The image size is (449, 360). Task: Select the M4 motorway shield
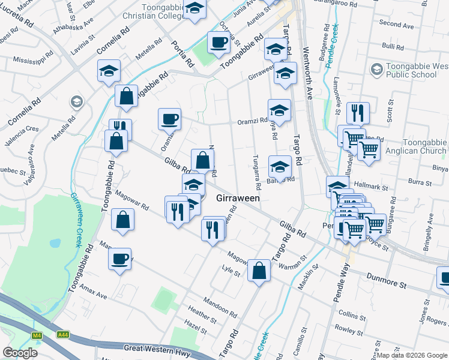click(x=38, y=334)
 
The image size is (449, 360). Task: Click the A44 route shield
click(x=64, y=334)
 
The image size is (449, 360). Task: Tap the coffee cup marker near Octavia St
click(x=218, y=42)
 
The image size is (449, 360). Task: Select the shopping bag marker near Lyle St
click(x=259, y=269)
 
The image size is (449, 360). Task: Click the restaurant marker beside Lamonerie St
click(x=358, y=112)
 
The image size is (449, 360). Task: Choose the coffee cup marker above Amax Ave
click(x=119, y=259)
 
